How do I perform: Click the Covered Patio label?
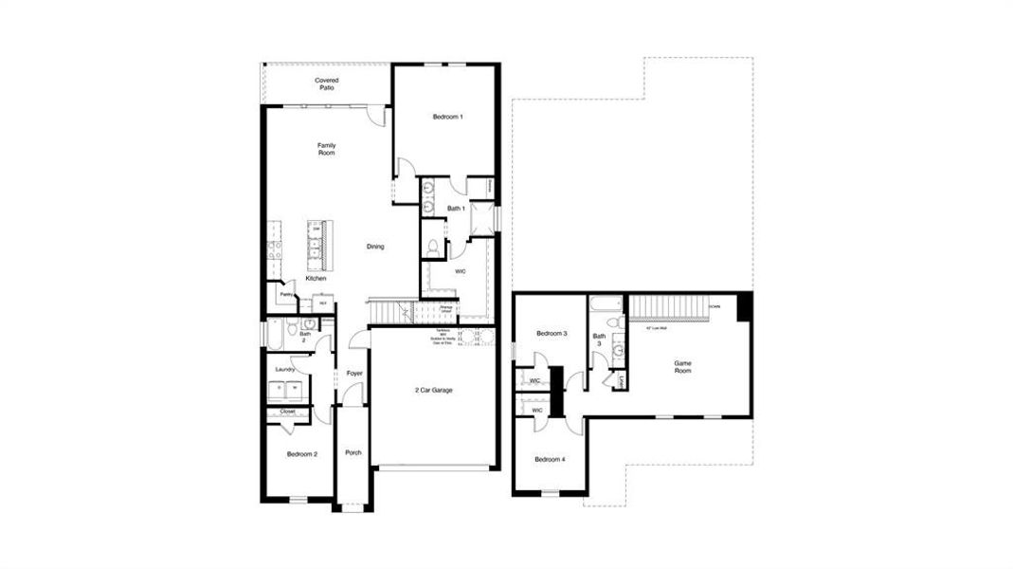(x=327, y=84)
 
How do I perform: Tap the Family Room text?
(x=326, y=149)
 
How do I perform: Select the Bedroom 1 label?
(x=447, y=117)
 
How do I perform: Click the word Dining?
(x=376, y=247)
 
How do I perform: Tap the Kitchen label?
(x=316, y=278)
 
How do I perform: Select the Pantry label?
(x=285, y=295)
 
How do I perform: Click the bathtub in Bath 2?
(x=274, y=334)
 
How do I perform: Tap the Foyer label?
(x=354, y=374)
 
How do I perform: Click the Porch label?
(x=353, y=452)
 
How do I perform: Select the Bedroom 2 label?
(x=302, y=454)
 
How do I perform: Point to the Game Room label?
(x=682, y=366)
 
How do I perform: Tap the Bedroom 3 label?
(x=552, y=334)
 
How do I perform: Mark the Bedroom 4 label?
(x=550, y=460)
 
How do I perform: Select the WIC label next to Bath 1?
(x=461, y=271)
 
